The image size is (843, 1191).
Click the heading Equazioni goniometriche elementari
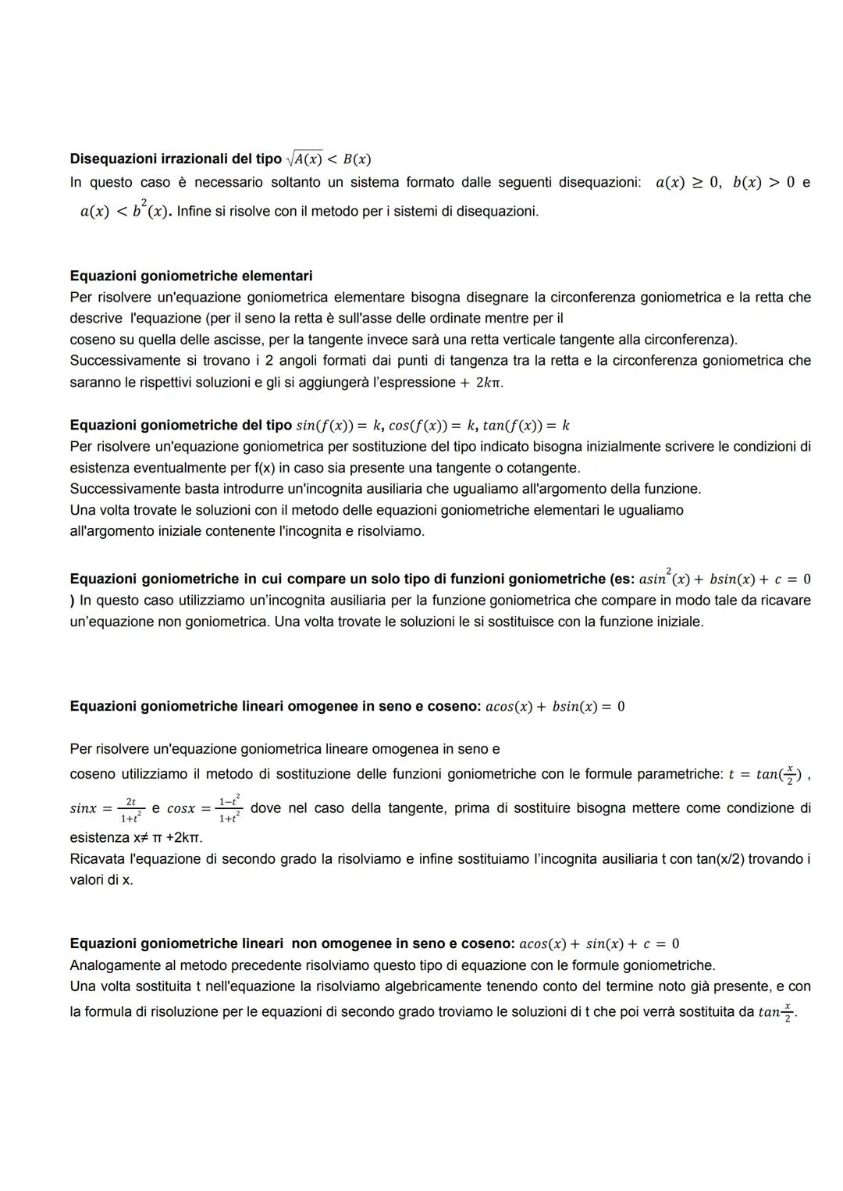[190, 276]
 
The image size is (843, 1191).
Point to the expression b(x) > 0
[763, 183]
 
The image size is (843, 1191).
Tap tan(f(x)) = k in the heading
[526, 426]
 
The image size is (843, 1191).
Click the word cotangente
[544, 468]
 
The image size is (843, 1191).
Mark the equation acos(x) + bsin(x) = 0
[555, 707]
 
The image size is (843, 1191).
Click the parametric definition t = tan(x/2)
[767, 775]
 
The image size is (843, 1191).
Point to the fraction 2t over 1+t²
[130, 809]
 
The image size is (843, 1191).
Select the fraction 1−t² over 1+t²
[229, 809]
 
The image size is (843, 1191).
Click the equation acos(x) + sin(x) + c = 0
[599, 944]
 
